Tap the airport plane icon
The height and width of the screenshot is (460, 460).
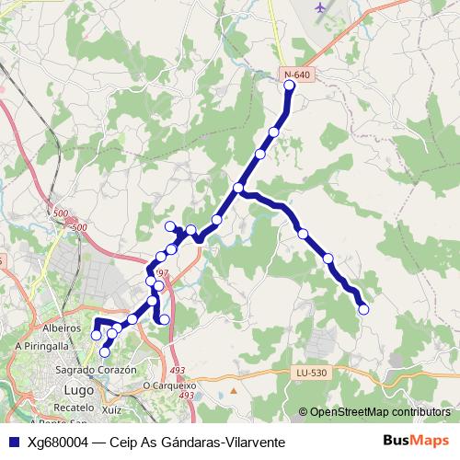click(x=320, y=8)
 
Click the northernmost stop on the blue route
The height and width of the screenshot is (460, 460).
click(x=290, y=86)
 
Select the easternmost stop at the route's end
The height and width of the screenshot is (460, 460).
click(x=362, y=310)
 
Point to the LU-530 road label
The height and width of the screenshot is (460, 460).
click(x=311, y=372)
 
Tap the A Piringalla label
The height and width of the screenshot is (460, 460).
click(x=42, y=345)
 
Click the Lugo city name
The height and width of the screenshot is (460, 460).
click(x=78, y=389)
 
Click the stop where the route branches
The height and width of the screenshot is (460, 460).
click(x=238, y=188)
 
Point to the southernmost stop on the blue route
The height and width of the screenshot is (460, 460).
click(x=105, y=351)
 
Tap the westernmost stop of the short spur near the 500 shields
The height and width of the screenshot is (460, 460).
click(x=169, y=226)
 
